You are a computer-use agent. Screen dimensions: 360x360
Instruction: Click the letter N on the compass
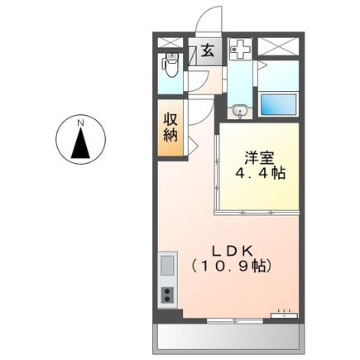(x=81, y=124)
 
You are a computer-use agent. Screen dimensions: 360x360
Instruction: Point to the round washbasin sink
(x=239, y=110)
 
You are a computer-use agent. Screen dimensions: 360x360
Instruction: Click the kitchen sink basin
(x=167, y=266)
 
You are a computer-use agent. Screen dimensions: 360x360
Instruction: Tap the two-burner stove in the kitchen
(x=167, y=295)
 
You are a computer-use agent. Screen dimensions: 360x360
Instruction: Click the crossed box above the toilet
(x=170, y=42)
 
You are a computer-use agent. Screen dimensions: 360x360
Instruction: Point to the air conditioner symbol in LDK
(x=286, y=313)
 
